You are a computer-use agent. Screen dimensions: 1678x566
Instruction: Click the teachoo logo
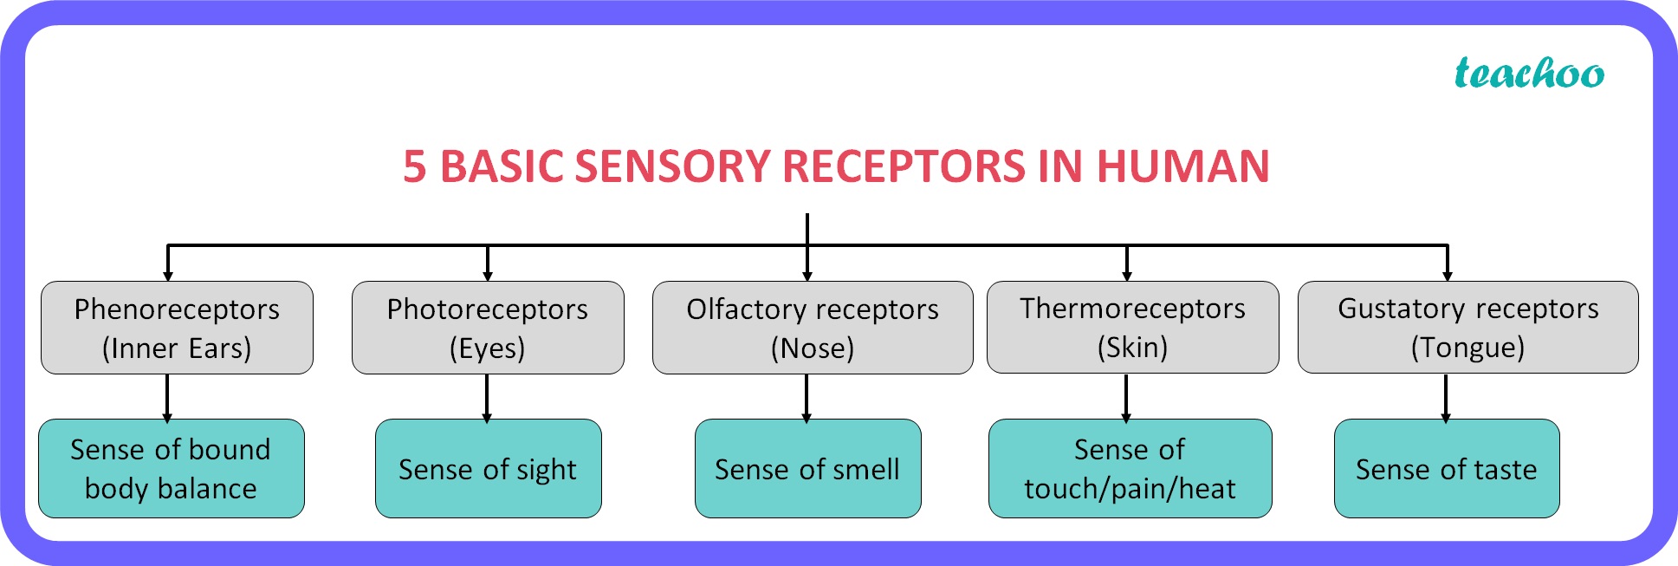pos(1529,73)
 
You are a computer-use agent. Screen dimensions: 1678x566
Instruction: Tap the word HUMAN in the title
pos(1182,166)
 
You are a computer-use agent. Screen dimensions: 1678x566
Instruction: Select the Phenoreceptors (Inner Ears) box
pos(177,328)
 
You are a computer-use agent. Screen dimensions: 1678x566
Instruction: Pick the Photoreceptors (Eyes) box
pos(488,328)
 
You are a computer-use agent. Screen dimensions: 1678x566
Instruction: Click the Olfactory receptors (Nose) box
pos(813,328)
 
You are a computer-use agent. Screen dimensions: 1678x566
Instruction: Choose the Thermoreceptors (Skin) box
pos(1133,327)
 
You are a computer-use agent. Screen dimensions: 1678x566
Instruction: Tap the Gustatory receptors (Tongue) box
pos(1468,327)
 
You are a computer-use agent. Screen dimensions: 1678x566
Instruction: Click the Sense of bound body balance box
pos(172,469)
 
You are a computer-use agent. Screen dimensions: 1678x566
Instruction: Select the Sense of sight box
pos(489,469)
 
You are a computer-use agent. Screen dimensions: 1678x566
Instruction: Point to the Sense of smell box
pos(808,469)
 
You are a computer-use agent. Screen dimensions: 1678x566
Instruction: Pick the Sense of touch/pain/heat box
pos(1131,469)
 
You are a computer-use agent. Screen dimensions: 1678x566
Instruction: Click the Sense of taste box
pos(1447,469)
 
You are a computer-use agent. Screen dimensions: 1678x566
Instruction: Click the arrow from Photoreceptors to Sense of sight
pos(487,399)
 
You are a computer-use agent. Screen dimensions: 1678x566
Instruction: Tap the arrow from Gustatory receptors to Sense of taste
pos(1446,399)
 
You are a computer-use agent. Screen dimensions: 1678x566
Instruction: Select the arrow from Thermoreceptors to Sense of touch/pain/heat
pos(1126,399)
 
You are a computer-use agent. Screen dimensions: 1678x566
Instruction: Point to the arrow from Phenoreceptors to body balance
pos(167,399)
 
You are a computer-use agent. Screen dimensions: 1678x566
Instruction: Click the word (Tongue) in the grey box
pos(1467,348)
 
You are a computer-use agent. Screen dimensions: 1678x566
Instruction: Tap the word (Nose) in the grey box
pos(813,348)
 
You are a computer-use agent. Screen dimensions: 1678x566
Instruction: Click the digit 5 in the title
pos(415,166)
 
